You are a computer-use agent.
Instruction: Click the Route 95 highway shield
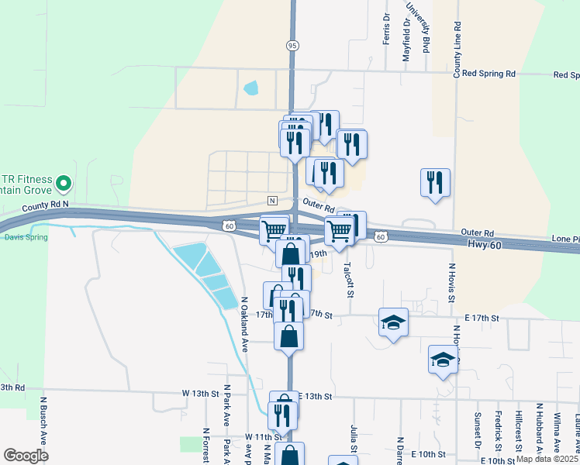tap(292, 45)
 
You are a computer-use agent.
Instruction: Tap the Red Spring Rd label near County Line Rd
tap(489, 74)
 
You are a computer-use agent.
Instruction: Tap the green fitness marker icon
tap(64, 184)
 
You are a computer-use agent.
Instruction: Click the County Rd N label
tap(45, 205)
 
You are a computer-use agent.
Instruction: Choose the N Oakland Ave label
tap(243, 325)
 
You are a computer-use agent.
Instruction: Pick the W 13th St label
tap(200, 394)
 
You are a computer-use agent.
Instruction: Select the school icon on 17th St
tap(393, 322)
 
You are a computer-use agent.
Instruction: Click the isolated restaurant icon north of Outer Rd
tap(434, 183)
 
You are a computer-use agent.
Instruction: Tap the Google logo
tap(26, 456)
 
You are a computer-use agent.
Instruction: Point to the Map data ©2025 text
tap(547, 459)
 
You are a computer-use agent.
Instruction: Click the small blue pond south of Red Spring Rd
tap(250, 88)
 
